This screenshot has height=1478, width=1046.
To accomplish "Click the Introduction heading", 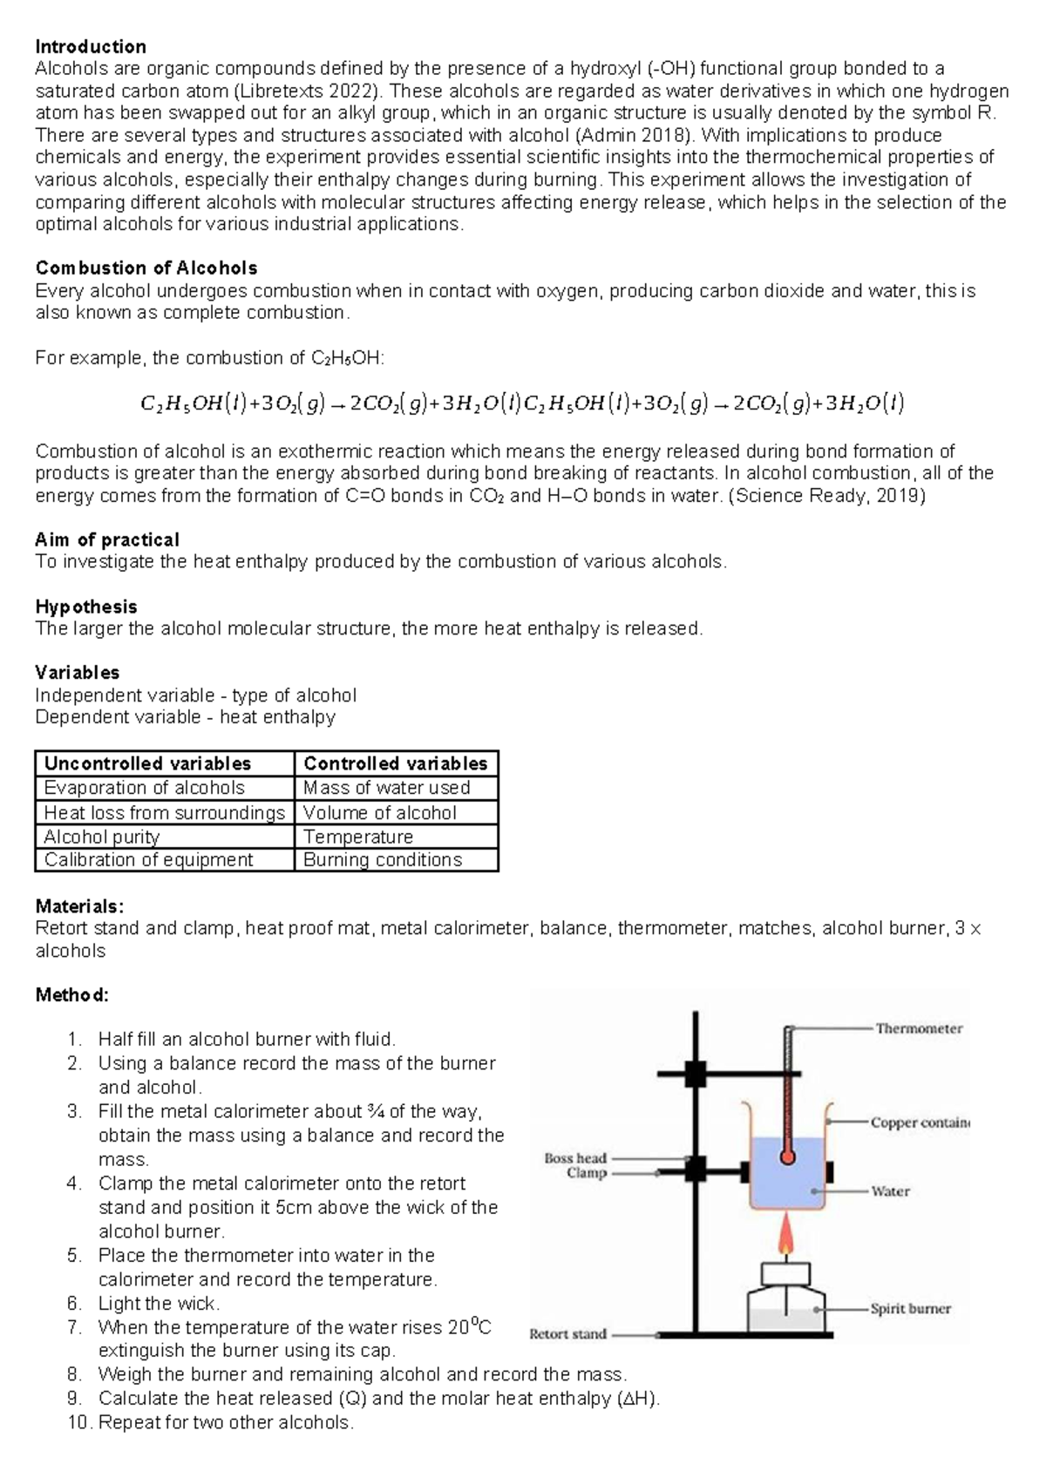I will pos(90,47).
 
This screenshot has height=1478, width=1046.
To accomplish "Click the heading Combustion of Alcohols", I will pos(146,268).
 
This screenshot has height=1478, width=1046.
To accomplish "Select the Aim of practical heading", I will pos(106,539).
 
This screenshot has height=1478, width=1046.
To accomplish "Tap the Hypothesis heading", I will pos(85,607).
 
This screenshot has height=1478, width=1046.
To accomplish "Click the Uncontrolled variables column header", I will pos(147,763).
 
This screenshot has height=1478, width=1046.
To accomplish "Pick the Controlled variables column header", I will pos(395,763).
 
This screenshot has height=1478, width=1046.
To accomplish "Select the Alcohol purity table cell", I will pos(101,837).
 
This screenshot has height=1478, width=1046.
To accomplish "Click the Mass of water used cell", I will pos(386,788).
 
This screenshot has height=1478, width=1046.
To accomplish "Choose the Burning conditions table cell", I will pos(382,860).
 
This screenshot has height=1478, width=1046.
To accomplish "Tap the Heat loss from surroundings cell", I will pos(164,812).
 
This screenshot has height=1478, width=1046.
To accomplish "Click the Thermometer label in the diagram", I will pos(919,1028).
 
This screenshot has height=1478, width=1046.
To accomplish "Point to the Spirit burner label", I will pos(910,1308).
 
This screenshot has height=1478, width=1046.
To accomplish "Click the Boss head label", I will pos(574,1158).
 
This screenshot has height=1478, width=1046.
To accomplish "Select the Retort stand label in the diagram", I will pos(567,1333).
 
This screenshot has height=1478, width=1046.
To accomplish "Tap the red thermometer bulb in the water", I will pos(788,1157).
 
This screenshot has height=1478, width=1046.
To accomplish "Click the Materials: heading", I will pos(79,906).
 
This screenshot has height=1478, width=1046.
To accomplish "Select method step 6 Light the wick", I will pos(159,1304).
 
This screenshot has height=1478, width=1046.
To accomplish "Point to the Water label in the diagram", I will pos(890,1190).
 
